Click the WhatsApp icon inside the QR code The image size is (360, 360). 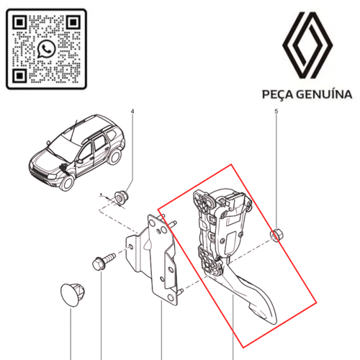47,49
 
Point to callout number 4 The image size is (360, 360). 132,112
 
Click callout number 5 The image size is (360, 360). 276,112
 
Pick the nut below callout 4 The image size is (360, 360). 121,196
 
